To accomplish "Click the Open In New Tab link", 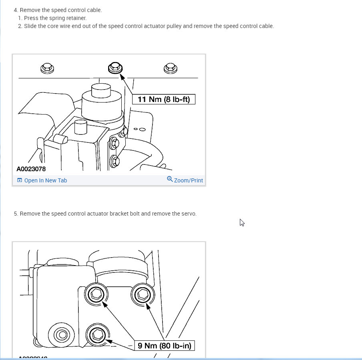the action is tap(46, 180).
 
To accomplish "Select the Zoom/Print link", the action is tap(188, 180).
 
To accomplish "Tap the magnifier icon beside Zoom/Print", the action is tap(170, 179).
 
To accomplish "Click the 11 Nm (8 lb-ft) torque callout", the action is tap(164, 99).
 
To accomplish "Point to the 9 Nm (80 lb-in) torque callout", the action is tap(164, 346).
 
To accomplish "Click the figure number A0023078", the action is tap(31, 169).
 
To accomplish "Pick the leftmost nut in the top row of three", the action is tap(47, 68).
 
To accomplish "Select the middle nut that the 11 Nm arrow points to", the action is tap(115, 68).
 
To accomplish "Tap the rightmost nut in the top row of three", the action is tap(170, 68).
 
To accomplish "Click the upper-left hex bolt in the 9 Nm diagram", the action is tap(96, 294).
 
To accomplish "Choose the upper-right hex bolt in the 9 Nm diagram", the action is tap(143, 294).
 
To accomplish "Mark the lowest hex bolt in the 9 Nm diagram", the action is tap(97, 335).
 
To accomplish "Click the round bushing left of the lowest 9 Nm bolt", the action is tap(61, 335).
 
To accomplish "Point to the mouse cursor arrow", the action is tap(242, 223).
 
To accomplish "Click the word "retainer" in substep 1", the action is tap(76, 18).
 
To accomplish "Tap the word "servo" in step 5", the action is tap(189, 214).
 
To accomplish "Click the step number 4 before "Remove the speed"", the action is tap(16, 10).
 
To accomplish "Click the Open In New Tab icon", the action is tap(20, 180).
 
